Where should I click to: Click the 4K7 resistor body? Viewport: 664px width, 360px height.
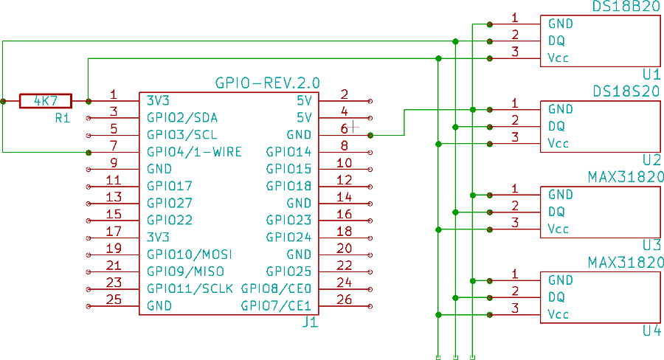click(x=46, y=100)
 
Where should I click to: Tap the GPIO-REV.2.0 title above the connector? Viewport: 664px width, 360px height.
click(x=267, y=82)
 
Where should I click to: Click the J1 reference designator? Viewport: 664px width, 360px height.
click(x=311, y=322)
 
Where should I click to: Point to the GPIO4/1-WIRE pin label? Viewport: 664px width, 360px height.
click(x=194, y=152)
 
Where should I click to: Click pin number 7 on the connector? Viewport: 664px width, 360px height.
click(x=114, y=145)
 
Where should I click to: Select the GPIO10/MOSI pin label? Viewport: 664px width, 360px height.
click(x=190, y=255)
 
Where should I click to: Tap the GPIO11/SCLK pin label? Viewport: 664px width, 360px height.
click(x=190, y=288)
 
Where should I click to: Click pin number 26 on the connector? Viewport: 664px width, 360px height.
click(x=345, y=299)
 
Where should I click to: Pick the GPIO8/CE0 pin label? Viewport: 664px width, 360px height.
click(x=277, y=288)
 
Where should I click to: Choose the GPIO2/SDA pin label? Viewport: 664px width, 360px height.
click(x=182, y=118)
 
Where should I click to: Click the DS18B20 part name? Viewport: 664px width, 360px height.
click(x=626, y=7)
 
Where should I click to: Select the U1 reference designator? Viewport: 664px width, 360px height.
click(x=651, y=74)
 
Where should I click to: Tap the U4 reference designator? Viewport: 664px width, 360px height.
click(x=651, y=330)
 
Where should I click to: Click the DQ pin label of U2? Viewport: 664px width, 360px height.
click(x=556, y=126)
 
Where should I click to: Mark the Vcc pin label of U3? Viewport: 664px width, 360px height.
click(x=558, y=229)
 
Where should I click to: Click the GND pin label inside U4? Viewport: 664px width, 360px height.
click(x=561, y=280)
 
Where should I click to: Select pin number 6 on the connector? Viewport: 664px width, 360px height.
click(x=345, y=128)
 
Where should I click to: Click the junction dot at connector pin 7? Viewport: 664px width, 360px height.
click(x=89, y=153)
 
